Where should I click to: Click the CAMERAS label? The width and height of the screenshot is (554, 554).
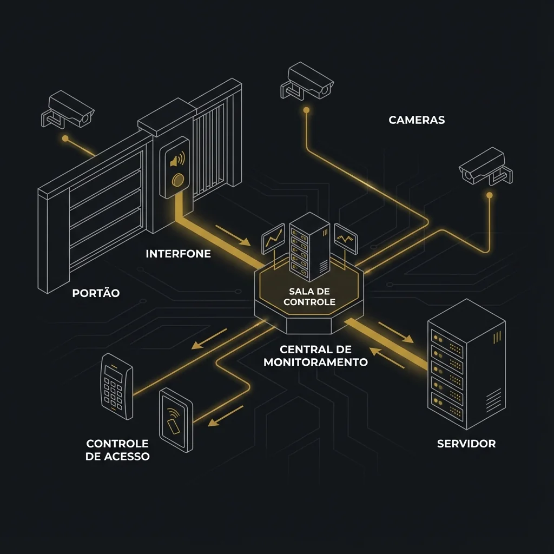(417, 120)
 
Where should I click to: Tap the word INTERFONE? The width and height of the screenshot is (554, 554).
(178, 253)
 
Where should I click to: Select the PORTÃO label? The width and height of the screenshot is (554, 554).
(96, 293)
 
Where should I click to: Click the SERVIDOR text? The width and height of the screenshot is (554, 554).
(466, 444)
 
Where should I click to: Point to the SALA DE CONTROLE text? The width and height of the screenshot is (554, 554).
(309, 296)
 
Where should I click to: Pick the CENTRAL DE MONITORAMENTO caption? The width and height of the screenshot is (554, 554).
(315, 355)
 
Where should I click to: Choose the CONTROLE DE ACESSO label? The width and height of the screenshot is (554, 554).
(117, 450)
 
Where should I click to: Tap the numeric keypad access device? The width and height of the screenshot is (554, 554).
(116, 386)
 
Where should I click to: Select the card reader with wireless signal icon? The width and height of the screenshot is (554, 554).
(176, 420)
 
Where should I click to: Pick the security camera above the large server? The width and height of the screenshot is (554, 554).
(485, 166)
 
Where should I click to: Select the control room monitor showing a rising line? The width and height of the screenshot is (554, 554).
(273, 239)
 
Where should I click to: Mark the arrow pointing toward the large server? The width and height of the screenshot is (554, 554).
(396, 332)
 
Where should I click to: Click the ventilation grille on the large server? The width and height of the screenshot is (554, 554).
(493, 400)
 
